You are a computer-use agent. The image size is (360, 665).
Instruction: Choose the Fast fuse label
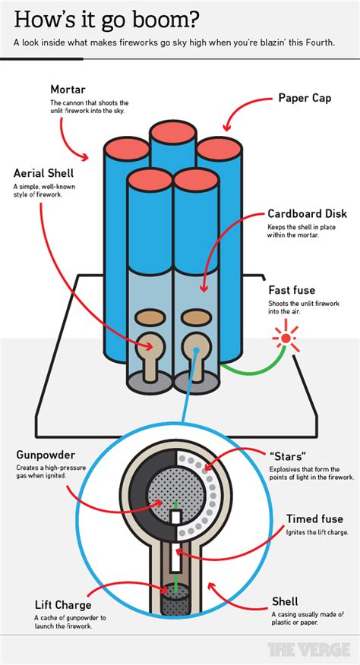291,289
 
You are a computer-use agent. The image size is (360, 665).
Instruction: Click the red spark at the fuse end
286,336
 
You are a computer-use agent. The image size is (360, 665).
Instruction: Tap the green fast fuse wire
251,370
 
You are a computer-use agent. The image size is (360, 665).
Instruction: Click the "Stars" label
289,456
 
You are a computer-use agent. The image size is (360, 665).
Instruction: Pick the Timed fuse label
314,519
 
